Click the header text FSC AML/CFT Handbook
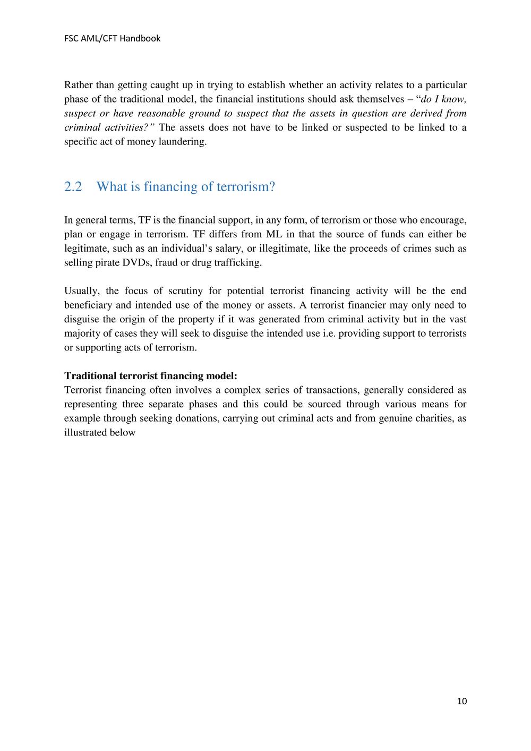[x=112, y=38]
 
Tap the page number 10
[x=461, y=702]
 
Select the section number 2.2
[x=73, y=187]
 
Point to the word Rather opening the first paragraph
[x=78, y=85]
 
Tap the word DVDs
[x=138, y=263]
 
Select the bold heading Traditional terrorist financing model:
[x=151, y=376]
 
